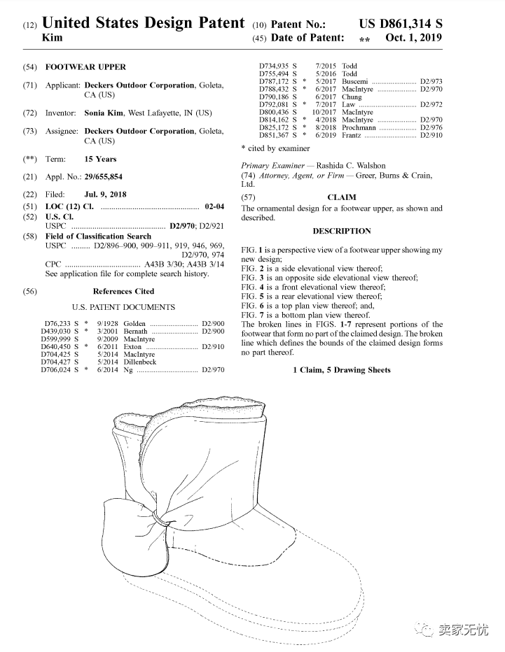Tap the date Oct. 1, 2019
(x=413, y=38)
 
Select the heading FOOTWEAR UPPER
(x=85, y=67)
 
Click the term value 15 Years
(x=100, y=159)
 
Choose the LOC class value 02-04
(x=214, y=206)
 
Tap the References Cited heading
(x=123, y=291)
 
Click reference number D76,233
(x=56, y=324)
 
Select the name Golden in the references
(x=135, y=324)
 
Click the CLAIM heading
(x=342, y=197)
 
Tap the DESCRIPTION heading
(x=342, y=231)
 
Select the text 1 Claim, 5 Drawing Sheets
(x=342, y=370)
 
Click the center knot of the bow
(x=162, y=521)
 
